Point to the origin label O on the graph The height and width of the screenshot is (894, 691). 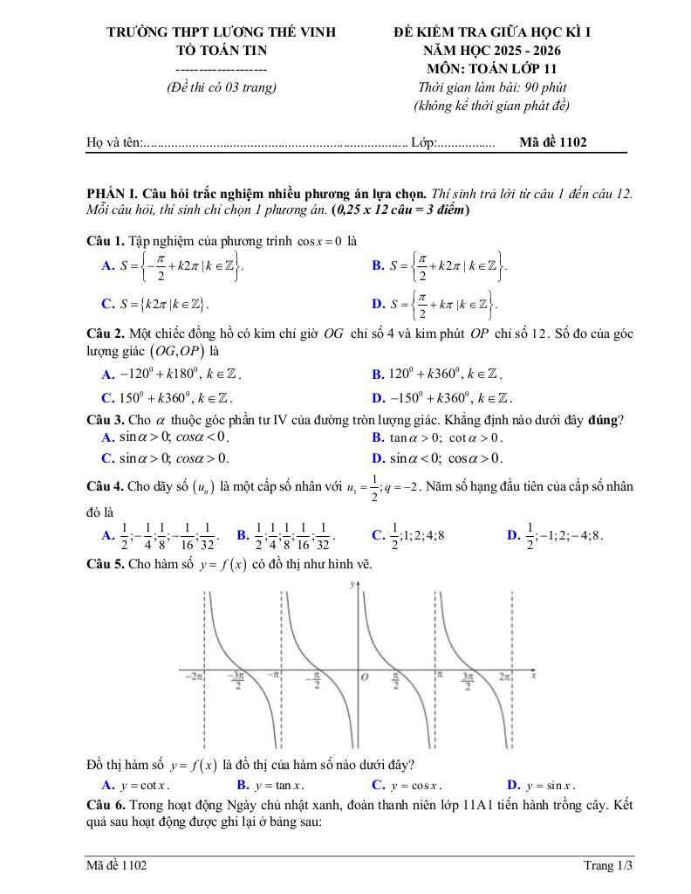(x=365, y=677)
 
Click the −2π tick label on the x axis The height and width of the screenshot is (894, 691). (x=193, y=676)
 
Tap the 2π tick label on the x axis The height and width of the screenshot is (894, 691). (x=504, y=676)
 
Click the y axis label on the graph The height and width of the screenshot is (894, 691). (x=351, y=584)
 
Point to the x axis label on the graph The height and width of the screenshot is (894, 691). (x=531, y=675)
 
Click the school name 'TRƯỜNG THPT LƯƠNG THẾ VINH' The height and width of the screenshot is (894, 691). (x=221, y=32)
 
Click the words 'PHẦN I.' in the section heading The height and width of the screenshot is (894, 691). (x=113, y=193)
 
